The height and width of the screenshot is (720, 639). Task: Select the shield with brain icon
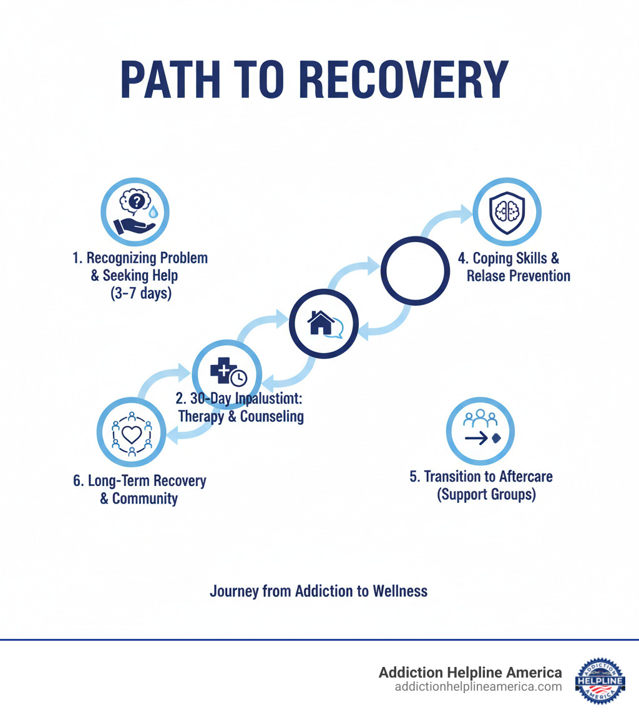[x=507, y=211]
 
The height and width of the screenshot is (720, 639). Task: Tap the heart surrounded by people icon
[x=131, y=434]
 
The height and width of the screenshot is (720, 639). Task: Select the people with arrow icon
[x=480, y=431]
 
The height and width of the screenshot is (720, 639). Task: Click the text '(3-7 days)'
[x=140, y=293]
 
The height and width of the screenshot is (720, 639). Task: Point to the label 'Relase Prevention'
[x=518, y=276]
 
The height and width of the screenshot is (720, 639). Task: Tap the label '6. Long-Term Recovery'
[x=139, y=481]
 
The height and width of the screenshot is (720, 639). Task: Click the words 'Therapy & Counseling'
[x=240, y=417]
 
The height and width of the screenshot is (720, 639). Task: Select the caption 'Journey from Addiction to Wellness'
[x=318, y=591]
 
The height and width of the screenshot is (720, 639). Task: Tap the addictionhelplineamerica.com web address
[x=478, y=687]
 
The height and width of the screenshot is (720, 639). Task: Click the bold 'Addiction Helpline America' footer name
[x=470, y=672]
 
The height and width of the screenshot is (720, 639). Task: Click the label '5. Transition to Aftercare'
[x=480, y=477]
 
